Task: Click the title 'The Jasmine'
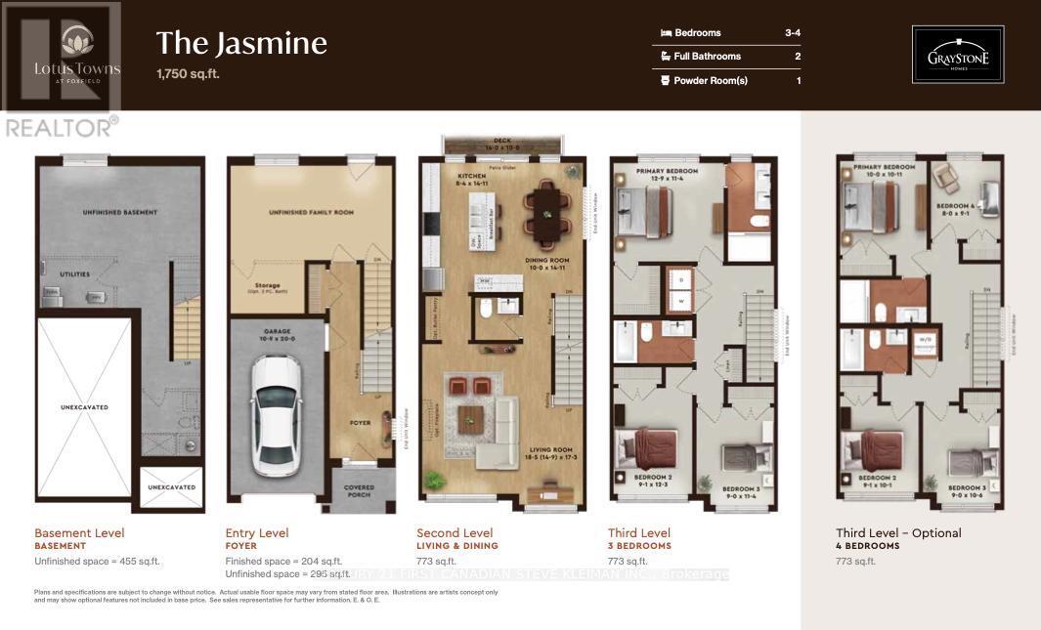coord(240,44)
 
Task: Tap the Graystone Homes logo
coord(957,55)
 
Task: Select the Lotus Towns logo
coord(77,55)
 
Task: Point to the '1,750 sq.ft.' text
coord(188,74)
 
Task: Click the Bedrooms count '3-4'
coord(793,33)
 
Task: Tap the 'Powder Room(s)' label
coord(710,81)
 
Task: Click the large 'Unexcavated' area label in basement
coord(83,407)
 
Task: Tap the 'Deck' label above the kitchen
coord(503,142)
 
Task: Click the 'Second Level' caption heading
coord(455,533)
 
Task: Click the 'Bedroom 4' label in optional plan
coord(956,206)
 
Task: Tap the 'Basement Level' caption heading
coord(79,533)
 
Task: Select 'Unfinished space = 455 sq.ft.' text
coord(97,562)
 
